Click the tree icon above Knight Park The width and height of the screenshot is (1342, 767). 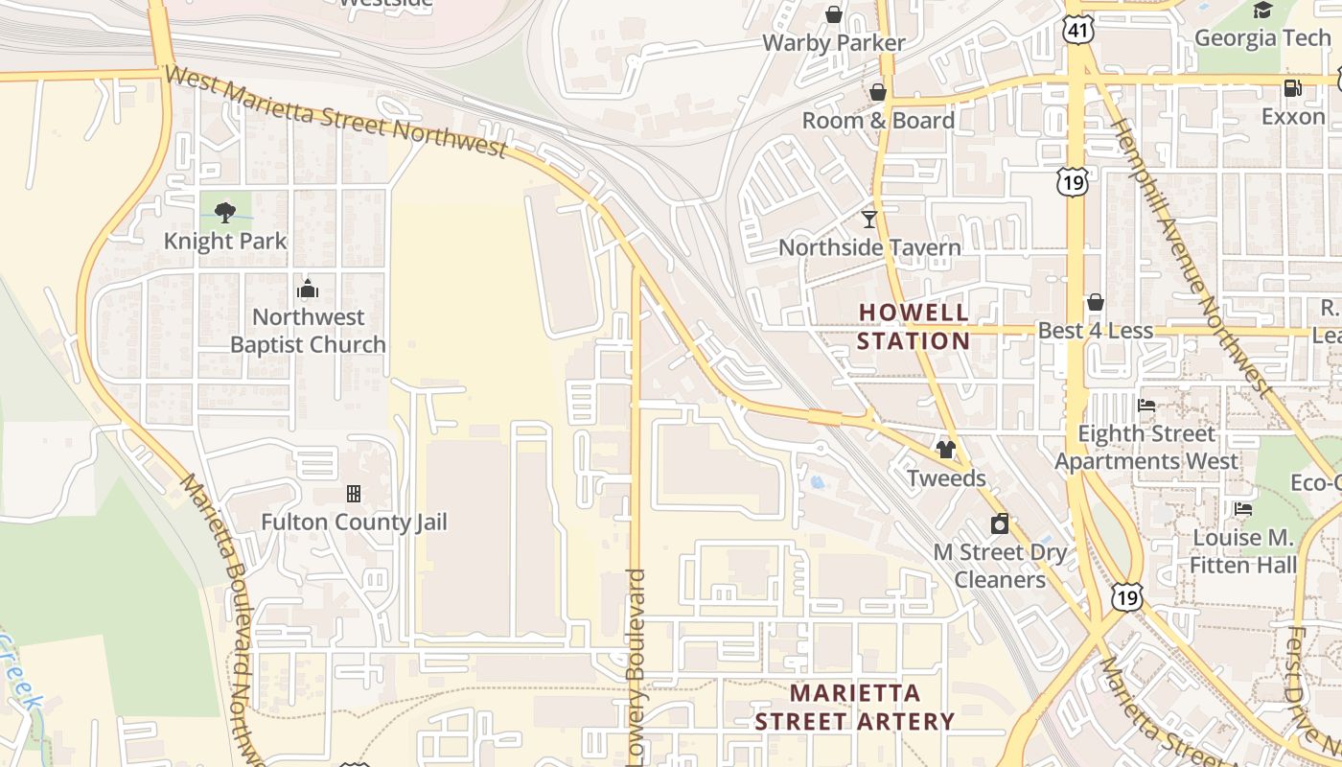(225, 212)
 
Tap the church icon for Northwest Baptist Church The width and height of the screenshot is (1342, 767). (308, 289)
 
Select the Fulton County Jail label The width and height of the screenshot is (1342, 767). (354, 523)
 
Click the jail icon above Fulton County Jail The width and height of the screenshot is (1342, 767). (354, 494)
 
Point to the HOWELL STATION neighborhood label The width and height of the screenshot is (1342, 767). (914, 326)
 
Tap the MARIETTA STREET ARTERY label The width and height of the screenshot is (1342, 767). (854, 707)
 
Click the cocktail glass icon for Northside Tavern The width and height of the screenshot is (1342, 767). (868, 220)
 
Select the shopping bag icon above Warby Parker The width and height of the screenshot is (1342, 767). (834, 14)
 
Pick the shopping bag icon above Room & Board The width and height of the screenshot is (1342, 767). (877, 92)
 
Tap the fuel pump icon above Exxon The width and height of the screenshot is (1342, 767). (1292, 88)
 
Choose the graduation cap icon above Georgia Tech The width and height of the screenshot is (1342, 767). (1262, 11)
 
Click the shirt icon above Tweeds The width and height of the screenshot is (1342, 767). (946, 450)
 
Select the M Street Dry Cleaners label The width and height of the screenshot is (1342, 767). (1000, 566)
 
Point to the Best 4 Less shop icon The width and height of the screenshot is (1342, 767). (1096, 303)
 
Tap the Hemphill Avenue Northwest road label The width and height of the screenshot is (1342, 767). (1191, 254)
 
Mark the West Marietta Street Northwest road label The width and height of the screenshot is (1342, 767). (335, 111)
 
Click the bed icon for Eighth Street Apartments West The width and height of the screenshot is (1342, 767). (1145, 406)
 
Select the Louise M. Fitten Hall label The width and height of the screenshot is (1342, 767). (1243, 551)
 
